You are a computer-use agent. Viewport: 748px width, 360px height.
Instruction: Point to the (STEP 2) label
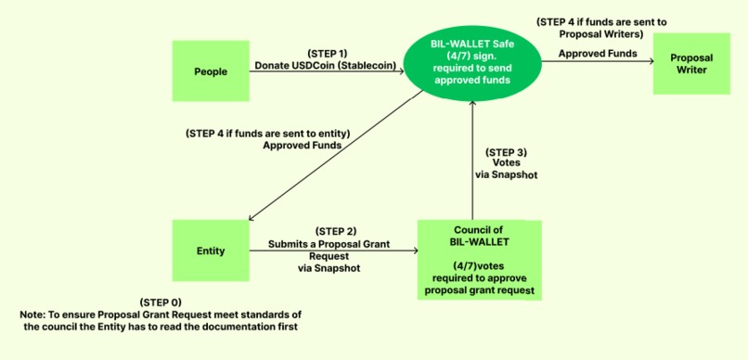336,230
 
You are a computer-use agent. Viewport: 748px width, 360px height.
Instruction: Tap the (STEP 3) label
506,151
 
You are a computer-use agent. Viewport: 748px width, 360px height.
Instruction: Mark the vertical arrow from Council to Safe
472,158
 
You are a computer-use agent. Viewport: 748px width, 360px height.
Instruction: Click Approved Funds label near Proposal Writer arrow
598,53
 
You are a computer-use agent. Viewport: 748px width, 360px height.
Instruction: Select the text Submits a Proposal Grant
336,242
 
